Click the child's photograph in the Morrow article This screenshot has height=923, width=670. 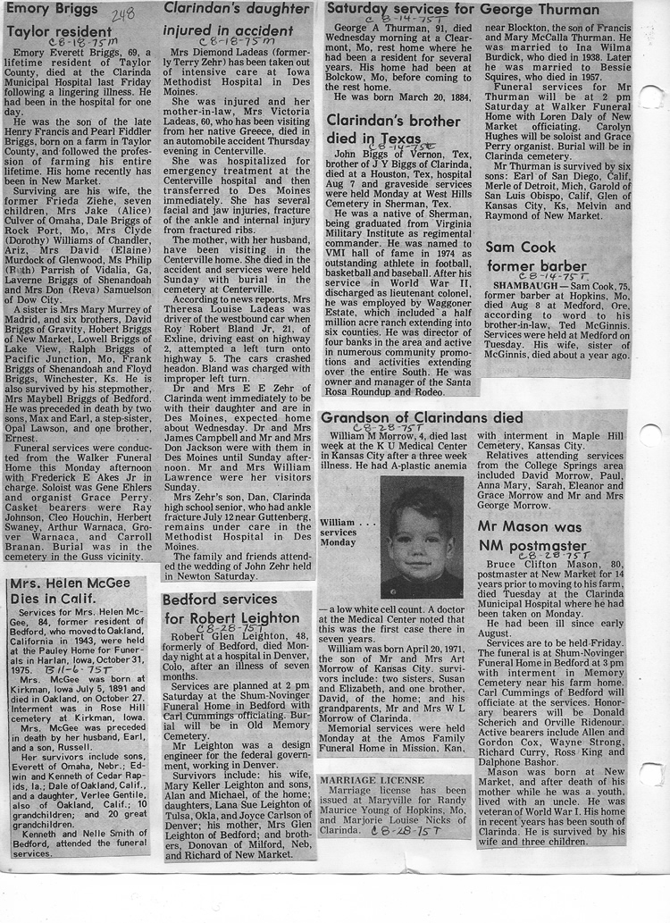[421, 537]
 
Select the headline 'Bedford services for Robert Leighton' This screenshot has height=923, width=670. [231, 608]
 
